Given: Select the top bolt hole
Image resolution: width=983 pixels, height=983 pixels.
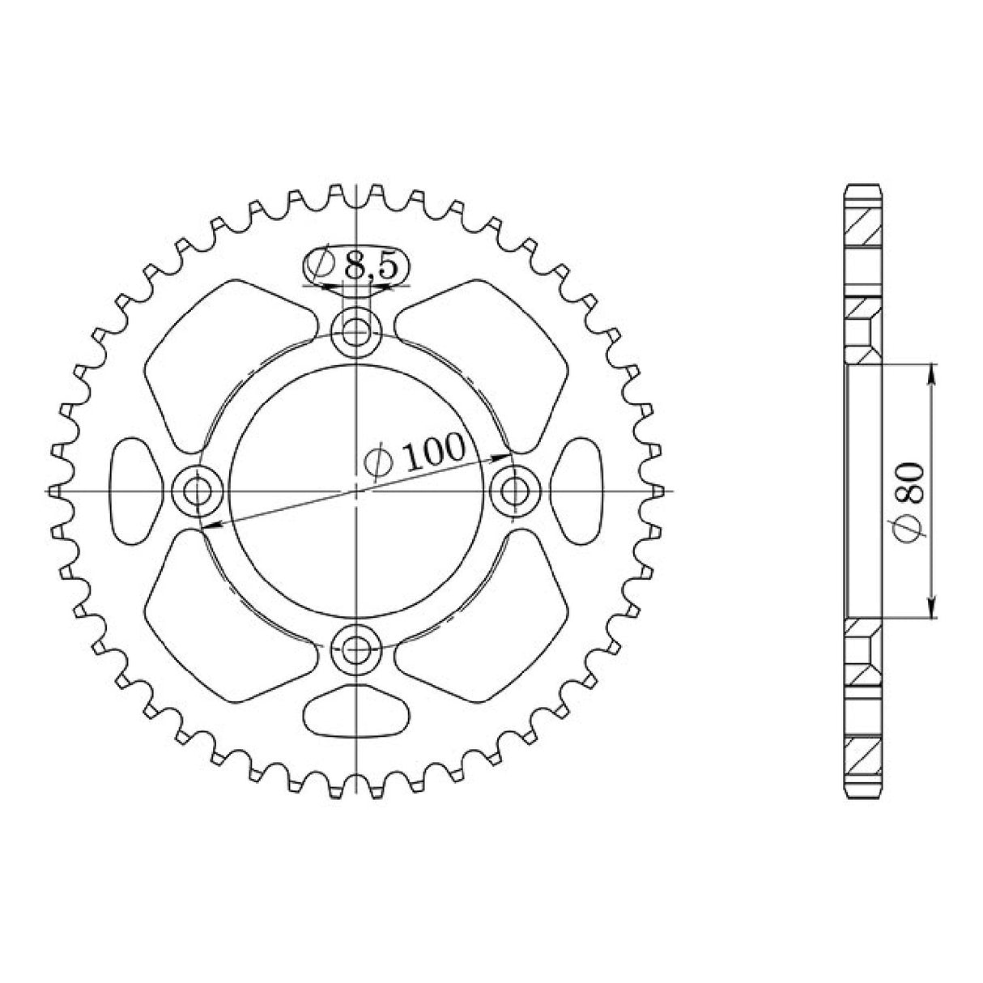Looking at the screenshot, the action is (355, 334).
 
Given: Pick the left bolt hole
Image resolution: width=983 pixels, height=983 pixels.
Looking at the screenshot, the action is (198, 491).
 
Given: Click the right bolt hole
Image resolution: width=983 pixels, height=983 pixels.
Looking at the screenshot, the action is (515, 491).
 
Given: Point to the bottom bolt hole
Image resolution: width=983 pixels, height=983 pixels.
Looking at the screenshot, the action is (355, 650).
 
